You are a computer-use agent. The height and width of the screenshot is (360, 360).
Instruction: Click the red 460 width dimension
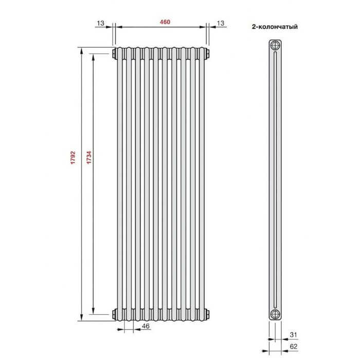165,22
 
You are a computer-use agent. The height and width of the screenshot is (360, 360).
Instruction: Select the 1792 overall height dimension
73,157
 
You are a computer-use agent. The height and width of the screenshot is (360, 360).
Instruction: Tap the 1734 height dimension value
89,157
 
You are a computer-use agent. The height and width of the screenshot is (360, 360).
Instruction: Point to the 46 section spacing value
146,326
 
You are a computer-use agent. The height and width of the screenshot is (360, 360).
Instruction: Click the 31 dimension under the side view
293,335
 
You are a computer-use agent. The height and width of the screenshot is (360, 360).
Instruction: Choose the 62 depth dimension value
294,347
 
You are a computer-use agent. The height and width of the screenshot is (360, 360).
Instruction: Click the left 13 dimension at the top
100,23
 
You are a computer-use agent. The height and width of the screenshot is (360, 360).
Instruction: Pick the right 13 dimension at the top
221,23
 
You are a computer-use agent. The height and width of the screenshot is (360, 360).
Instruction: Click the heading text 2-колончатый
275,27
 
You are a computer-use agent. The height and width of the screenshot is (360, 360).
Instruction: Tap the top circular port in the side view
275,45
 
